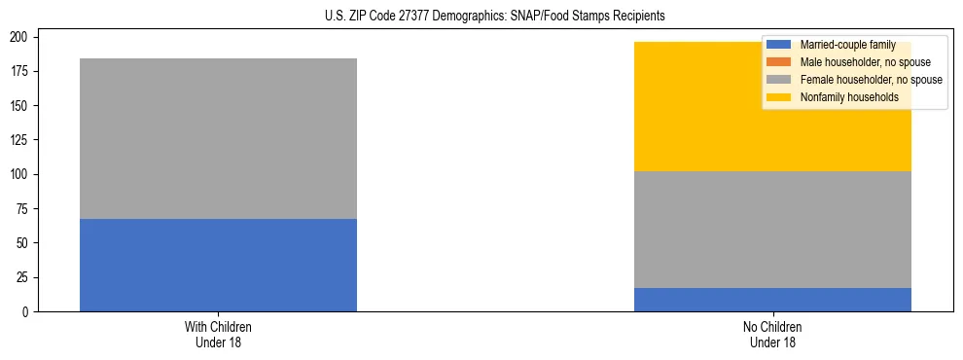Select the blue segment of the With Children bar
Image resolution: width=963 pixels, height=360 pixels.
point(218,265)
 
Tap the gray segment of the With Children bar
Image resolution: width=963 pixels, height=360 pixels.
point(218,138)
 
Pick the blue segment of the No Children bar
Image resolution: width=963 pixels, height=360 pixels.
point(772,300)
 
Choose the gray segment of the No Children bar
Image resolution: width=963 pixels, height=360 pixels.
point(772,230)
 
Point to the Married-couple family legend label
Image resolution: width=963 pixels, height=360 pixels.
point(847,45)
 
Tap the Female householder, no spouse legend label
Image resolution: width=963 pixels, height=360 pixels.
point(871,80)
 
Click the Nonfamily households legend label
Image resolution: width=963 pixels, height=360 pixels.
point(849,97)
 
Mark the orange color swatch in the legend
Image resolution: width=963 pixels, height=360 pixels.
point(779,62)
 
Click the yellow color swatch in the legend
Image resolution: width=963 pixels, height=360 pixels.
point(779,97)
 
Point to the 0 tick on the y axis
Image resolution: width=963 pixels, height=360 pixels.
point(28,311)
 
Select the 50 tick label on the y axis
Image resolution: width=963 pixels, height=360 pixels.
point(25,243)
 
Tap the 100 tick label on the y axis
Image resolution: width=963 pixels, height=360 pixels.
point(22,174)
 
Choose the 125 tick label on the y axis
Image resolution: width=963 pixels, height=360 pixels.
point(22,140)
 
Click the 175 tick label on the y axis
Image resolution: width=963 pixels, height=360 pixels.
point(22,71)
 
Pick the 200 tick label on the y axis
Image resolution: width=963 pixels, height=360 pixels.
point(22,37)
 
